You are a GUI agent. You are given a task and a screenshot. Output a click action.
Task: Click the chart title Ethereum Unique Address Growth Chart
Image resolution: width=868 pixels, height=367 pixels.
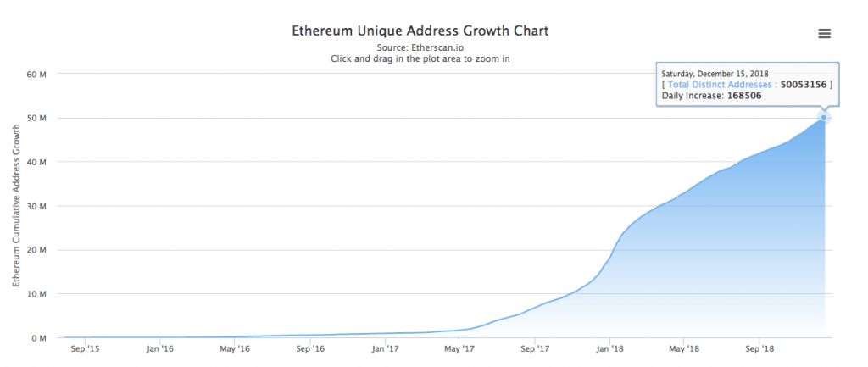click(420, 31)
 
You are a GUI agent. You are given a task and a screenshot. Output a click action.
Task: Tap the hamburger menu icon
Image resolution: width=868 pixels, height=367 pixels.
click(824, 34)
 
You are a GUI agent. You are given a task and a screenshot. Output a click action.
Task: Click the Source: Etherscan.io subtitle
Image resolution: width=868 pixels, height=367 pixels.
click(420, 47)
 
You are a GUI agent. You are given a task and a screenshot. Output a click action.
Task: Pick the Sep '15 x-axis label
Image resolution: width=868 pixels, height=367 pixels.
click(85, 348)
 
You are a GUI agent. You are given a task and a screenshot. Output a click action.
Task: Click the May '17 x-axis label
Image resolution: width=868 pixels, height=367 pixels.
click(460, 348)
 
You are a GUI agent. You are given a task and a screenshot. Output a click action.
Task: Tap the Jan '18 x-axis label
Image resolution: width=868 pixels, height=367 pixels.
click(610, 348)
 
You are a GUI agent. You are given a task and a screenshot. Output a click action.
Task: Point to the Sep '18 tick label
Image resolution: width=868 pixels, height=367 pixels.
click(759, 348)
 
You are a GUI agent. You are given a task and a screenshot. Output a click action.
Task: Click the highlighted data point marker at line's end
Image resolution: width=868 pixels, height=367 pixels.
click(824, 118)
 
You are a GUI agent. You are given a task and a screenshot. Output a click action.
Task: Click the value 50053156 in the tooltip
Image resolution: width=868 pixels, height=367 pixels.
click(804, 85)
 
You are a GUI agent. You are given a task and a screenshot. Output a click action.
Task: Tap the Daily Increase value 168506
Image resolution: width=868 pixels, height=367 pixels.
click(744, 97)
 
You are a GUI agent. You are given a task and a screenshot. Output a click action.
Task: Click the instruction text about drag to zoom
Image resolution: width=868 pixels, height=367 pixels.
click(420, 59)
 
